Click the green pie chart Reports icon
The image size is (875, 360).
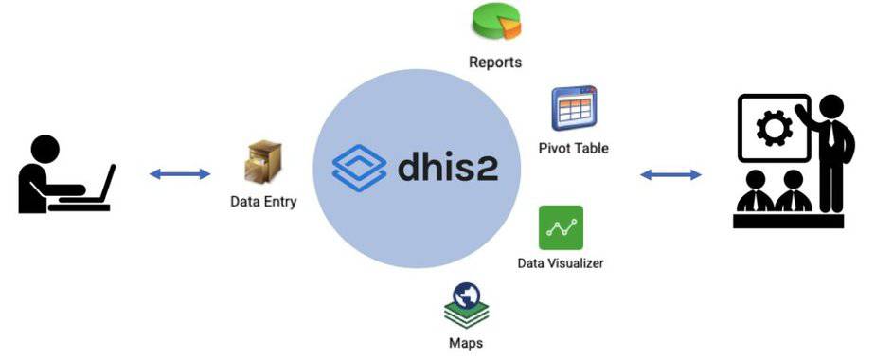[x=495, y=22]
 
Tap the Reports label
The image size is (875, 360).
[x=495, y=63]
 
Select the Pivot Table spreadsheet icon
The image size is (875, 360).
[x=574, y=109]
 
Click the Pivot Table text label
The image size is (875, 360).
[x=573, y=148]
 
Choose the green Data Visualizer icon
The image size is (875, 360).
[x=561, y=227]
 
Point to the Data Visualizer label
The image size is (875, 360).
[x=561, y=262]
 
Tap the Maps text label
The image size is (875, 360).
[x=466, y=342]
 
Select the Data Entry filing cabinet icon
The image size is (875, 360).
[x=262, y=163]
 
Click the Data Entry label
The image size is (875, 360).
[x=263, y=202]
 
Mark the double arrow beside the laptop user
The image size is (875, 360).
[x=180, y=173]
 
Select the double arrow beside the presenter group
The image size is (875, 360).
[x=670, y=174]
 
